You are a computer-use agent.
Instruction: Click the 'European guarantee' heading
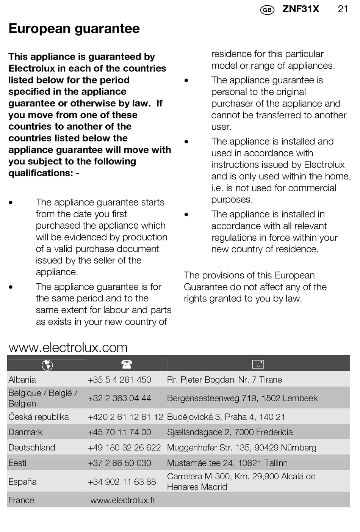pyautogui.click(x=74, y=29)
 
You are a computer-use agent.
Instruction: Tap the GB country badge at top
pyautogui.click(x=267, y=10)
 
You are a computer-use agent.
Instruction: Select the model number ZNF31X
pyautogui.click(x=301, y=9)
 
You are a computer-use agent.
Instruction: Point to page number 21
pyautogui.click(x=343, y=9)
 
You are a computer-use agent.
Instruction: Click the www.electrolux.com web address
pyautogui.click(x=68, y=347)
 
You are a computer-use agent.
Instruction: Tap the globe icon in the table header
pyautogui.click(x=47, y=365)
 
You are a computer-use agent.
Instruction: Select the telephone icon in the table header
pyautogui.click(x=127, y=364)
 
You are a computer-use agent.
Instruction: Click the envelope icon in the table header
pyautogui.click(x=258, y=364)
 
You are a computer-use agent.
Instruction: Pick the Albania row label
pyautogui.click(x=22, y=380)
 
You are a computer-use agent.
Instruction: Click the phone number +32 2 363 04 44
pyautogui.click(x=119, y=398)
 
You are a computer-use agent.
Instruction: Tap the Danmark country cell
pyautogui.click(x=25, y=432)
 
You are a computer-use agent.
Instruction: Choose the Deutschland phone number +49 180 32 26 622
pyautogui.click(x=124, y=447)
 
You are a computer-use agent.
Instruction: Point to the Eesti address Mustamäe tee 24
pyautogui.click(x=227, y=463)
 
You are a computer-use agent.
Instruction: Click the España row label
pyautogui.click(x=22, y=482)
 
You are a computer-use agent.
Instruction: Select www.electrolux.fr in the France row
pyautogui.click(x=123, y=500)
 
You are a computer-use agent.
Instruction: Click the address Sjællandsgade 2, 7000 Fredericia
pyautogui.click(x=230, y=432)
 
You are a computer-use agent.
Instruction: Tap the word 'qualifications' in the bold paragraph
pyautogui.click(x=40, y=173)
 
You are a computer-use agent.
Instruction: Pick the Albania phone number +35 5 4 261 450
pyautogui.click(x=119, y=380)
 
